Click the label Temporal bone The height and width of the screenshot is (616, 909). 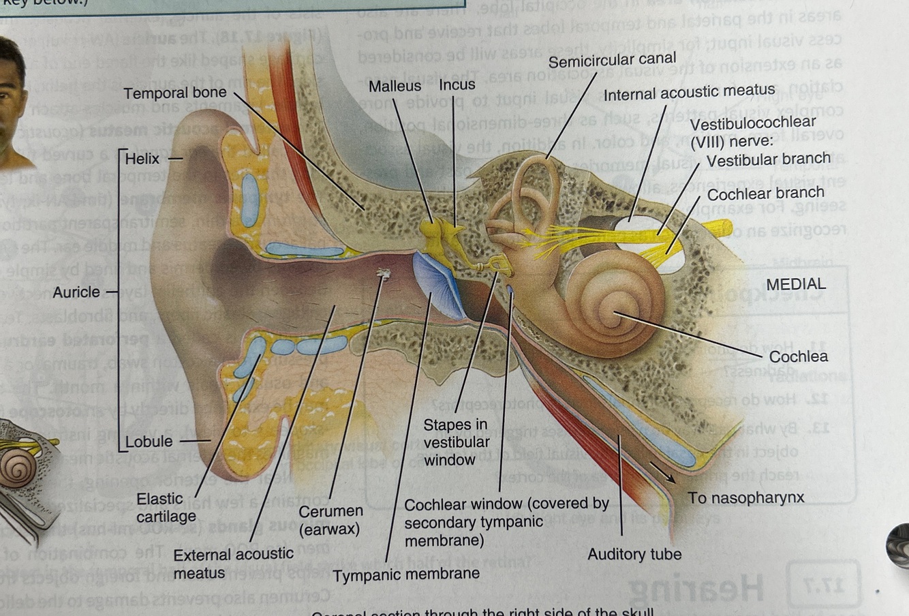point(174,93)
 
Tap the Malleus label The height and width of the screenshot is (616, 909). point(395,87)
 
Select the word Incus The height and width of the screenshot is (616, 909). point(457,85)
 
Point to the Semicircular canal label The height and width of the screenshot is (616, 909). point(612,61)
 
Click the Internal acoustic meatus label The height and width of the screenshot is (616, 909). point(689,91)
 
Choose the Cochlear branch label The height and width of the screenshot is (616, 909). point(765,194)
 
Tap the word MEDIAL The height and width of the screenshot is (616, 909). point(796,284)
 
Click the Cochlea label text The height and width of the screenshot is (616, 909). point(799,356)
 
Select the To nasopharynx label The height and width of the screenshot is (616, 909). point(745,498)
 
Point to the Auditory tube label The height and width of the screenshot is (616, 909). point(634,555)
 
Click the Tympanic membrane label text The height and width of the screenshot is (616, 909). point(406,574)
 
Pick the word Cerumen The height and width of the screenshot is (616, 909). point(330,511)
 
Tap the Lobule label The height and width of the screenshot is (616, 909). point(149,442)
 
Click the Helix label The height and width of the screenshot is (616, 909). point(142,159)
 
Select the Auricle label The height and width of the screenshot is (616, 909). point(76,292)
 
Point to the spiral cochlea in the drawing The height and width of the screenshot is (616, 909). point(613,300)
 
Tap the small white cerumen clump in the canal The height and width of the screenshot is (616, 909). point(383,274)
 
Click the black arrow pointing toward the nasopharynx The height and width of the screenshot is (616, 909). point(662,472)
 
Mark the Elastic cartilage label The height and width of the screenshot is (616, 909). point(165,508)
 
